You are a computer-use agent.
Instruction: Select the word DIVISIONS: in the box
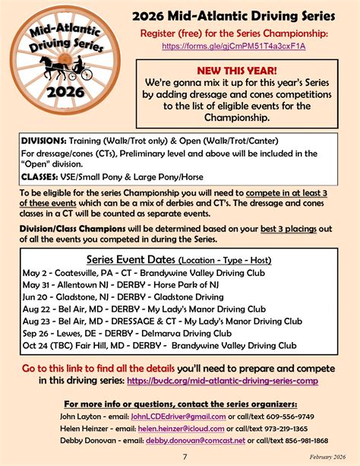point(44,141)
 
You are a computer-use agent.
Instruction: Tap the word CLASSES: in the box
point(39,176)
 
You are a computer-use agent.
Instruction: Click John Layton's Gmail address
point(177,417)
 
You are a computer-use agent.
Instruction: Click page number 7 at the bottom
point(185,456)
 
